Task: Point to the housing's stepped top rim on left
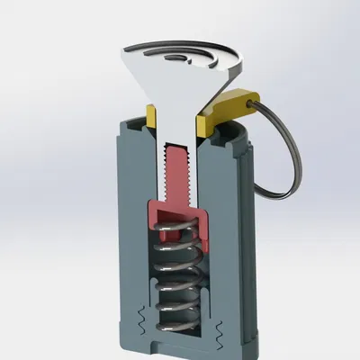tap(130, 126)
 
